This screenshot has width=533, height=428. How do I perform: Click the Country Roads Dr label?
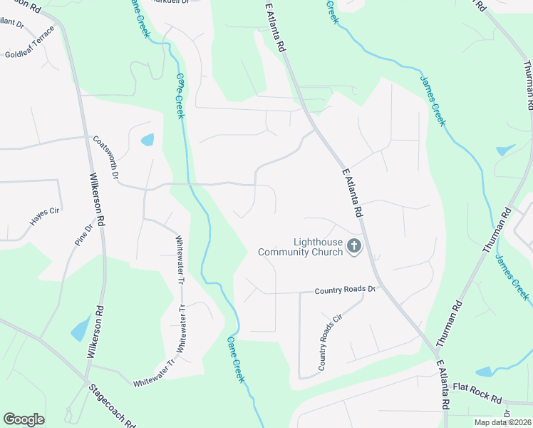[x=345, y=290]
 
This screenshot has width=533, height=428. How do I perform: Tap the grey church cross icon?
[x=354, y=247]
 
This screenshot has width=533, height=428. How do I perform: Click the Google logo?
[x=24, y=419]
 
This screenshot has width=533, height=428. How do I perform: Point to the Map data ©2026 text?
[x=502, y=422]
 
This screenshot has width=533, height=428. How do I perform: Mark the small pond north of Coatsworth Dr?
[x=148, y=139]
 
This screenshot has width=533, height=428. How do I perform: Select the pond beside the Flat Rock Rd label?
[x=485, y=372]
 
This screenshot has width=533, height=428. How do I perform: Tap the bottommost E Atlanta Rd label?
[x=443, y=384]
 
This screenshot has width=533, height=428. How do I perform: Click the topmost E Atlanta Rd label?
[x=275, y=26]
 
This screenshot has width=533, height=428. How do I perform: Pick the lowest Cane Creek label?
[x=237, y=360]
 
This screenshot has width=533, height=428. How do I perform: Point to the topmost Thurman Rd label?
[x=528, y=84]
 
